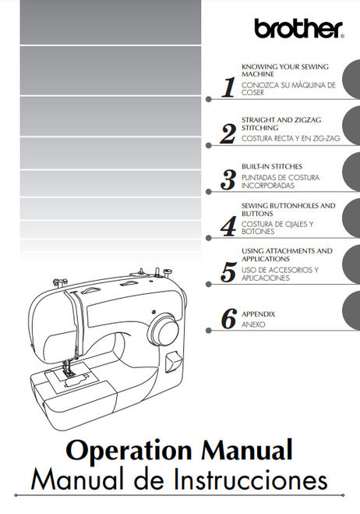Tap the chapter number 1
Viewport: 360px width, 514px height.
[228, 87]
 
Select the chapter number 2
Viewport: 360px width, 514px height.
[228, 134]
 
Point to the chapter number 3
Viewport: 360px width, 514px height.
[228, 180]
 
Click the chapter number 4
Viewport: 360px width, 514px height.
[228, 226]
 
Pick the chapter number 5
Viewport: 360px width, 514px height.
[228, 272]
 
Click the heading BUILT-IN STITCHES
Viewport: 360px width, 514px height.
[272, 166]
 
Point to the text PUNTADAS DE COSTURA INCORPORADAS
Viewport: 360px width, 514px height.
[280, 183]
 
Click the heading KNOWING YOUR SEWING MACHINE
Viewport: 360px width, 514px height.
[284, 70]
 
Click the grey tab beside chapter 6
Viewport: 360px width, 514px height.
[351, 316]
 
